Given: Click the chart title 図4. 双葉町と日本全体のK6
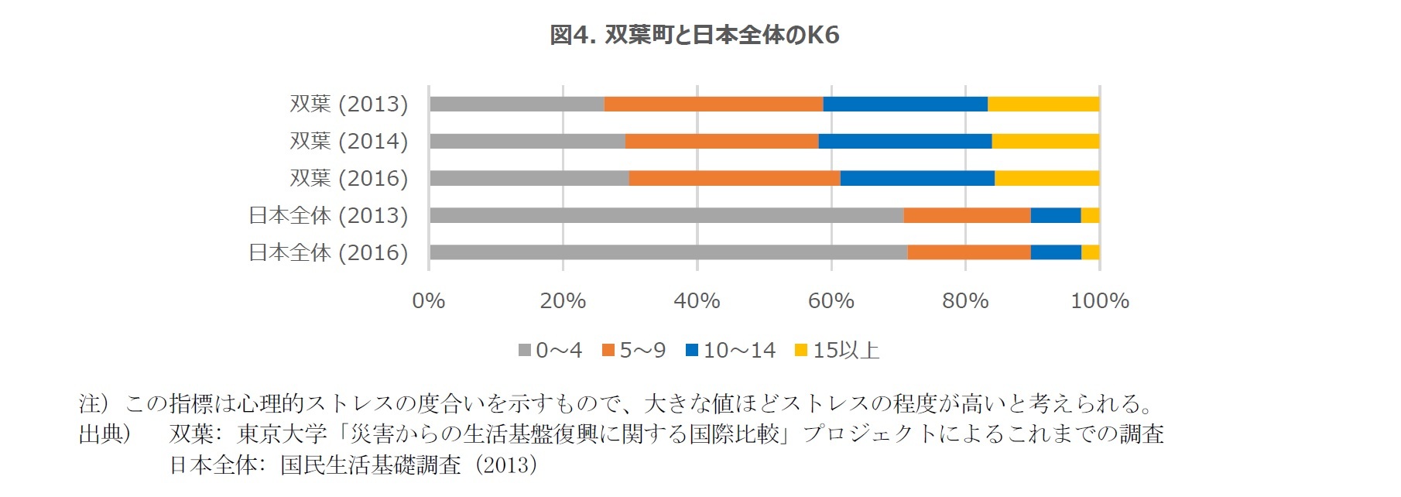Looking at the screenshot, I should point(694,35).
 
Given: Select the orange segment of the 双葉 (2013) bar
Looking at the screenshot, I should point(713,104).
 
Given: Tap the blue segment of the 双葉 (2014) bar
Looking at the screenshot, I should point(905,141).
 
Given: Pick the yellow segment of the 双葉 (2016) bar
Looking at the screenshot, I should point(1046,178).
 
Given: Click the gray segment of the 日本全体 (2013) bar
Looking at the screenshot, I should point(666,215).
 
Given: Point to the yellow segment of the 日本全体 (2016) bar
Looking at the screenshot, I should point(1090,252).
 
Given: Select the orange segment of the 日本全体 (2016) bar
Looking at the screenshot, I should point(968,252).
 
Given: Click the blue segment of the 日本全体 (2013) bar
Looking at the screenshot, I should point(1055,215).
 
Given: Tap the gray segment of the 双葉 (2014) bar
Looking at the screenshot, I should point(527,141).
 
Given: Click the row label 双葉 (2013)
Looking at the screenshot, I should point(348,104).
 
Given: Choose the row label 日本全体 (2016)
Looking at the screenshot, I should point(328,252).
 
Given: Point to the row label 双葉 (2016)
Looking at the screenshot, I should point(348,178).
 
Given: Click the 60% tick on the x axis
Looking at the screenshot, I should point(831,301).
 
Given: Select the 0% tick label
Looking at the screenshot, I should point(429,301).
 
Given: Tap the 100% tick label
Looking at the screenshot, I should point(1099,301).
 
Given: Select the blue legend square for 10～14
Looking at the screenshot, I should point(692,351).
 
